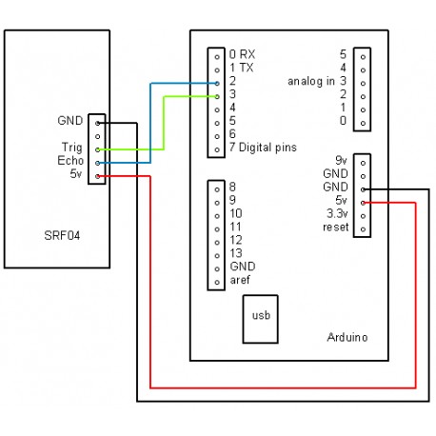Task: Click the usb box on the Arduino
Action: tap(261, 315)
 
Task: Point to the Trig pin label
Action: tap(70, 148)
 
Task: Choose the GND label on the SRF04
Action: tap(69, 121)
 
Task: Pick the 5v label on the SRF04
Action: tap(75, 174)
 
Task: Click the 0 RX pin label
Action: tap(243, 53)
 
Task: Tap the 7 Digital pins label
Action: tap(263, 148)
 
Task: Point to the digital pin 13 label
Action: tap(236, 254)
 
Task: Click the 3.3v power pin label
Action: tap(335, 214)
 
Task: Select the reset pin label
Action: tap(336, 228)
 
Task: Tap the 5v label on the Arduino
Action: tap(339, 201)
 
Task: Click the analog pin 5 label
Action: tap(343, 54)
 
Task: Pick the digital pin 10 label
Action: tap(236, 214)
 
